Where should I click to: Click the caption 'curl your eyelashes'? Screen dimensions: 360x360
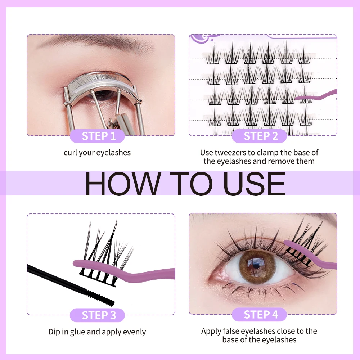(x=97, y=153)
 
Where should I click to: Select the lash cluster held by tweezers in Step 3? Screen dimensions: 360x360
(x=104, y=252)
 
